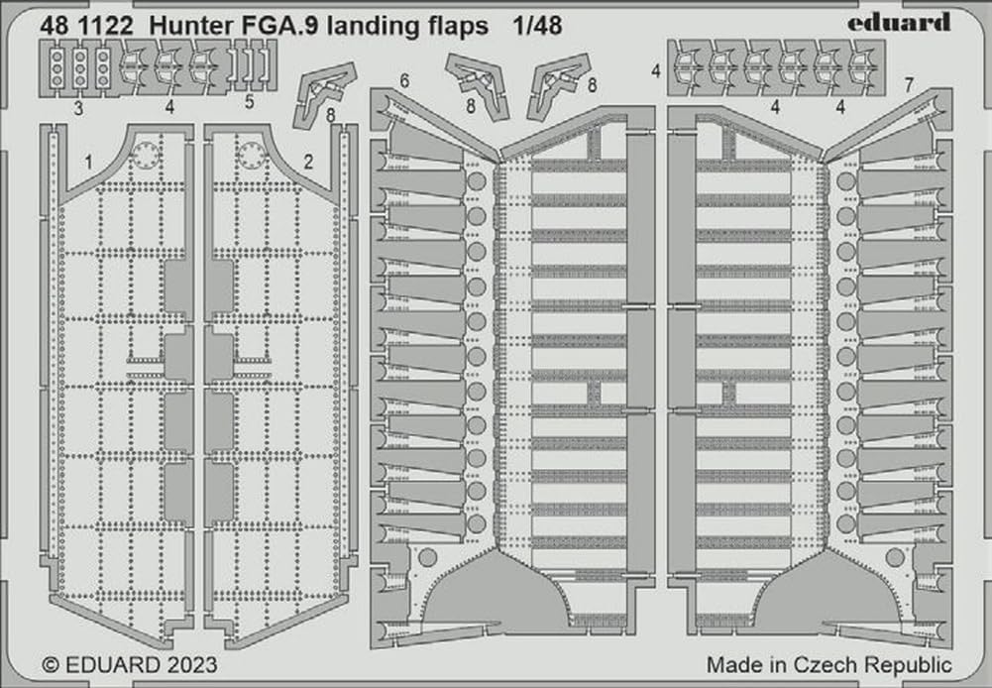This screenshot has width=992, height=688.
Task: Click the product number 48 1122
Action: (86, 26)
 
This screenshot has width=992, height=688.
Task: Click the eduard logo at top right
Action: (899, 22)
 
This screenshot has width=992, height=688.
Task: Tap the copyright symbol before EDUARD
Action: (52, 665)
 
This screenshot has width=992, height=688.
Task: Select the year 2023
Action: (192, 665)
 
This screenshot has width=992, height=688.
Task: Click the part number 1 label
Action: (89, 162)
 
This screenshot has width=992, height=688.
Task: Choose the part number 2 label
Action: (308, 162)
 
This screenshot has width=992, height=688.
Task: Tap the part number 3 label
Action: (78, 108)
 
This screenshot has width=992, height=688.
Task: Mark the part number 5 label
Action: (250, 101)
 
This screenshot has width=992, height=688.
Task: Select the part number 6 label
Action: (404, 81)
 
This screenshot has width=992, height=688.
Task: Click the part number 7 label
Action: (909, 84)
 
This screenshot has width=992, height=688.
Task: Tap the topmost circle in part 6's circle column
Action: (477, 182)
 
